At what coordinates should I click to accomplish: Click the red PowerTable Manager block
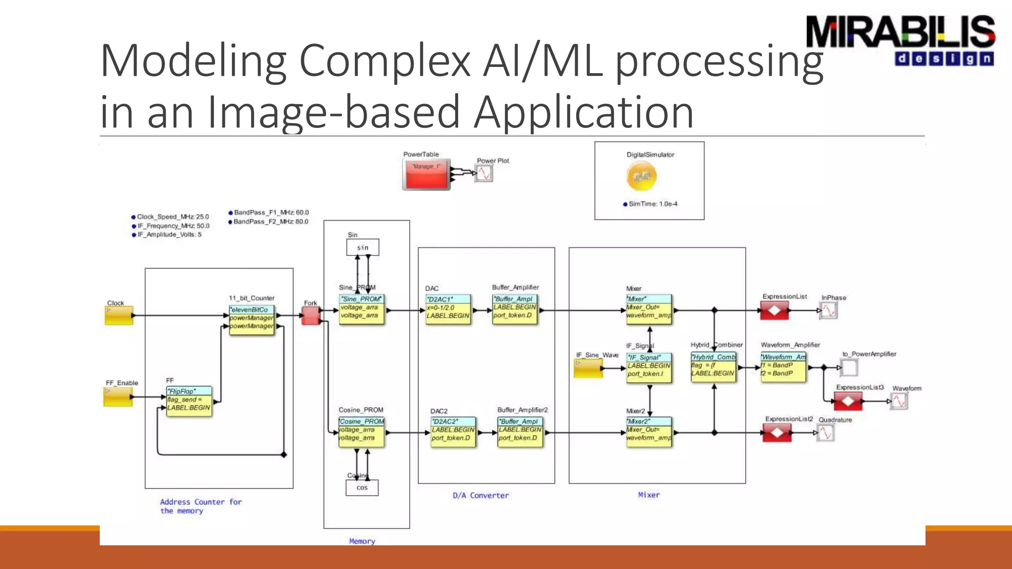[426, 174]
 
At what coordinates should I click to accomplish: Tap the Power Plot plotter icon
[484, 173]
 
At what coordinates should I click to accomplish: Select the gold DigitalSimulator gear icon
[641, 176]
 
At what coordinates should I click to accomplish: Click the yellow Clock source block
[119, 316]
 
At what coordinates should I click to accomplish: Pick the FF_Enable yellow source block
[118, 397]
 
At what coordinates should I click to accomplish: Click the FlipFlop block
[189, 401]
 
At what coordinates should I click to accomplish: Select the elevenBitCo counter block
[252, 319]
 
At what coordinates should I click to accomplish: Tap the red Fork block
[311, 316]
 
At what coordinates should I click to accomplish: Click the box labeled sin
[363, 247]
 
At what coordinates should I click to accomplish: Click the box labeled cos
[362, 488]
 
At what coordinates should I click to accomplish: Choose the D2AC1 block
[448, 309]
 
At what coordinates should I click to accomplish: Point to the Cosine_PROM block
[361, 431]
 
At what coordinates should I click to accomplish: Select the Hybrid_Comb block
[713, 366]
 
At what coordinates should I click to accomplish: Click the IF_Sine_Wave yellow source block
[588, 368]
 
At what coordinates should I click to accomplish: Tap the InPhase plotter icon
[829, 310]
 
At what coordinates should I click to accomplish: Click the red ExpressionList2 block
[777, 433]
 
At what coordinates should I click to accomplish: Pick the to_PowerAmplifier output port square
[849, 367]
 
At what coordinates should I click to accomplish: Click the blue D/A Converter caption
[480, 495]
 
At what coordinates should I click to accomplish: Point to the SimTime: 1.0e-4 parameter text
[652, 204]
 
